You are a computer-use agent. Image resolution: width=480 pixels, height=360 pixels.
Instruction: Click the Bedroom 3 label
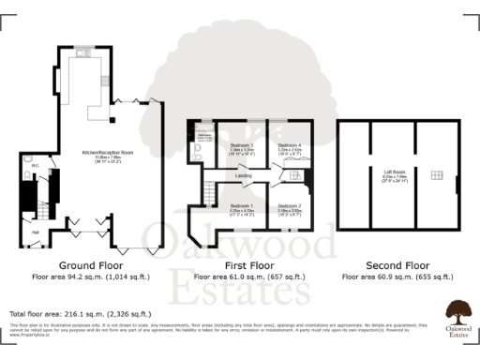click(x=241, y=145)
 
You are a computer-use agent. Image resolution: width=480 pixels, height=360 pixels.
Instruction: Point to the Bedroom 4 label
click(x=290, y=145)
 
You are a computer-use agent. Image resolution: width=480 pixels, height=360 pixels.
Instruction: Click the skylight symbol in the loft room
click(x=436, y=175)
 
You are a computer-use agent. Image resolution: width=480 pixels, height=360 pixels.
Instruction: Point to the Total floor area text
click(x=79, y=312)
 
